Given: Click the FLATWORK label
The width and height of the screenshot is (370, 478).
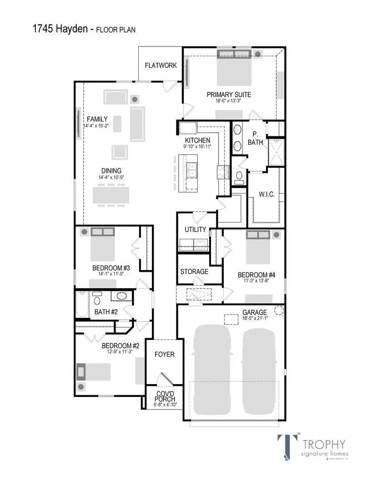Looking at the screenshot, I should [x=161, y=66].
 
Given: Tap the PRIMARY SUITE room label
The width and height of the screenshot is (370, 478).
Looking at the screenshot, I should [x=229, y=94].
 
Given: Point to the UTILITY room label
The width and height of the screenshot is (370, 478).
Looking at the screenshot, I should [x=195, y=229].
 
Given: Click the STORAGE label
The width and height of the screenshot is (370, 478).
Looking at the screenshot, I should [x=194, y=271].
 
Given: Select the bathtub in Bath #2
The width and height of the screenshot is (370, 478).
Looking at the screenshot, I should [x=82, y=304].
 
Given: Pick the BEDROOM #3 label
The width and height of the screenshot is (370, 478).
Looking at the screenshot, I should [x=111, y=268].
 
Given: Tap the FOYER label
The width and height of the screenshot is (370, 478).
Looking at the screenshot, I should [x=164, y=355].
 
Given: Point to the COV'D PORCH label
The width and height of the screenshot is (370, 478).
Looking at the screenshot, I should [x=164, y=396].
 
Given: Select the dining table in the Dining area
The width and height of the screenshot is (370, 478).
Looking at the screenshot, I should [x=111, y=194].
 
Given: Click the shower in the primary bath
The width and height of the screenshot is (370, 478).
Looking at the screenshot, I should [x=277, y=152].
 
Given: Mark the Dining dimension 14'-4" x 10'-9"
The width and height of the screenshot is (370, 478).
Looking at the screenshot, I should [x=111, y=177].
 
